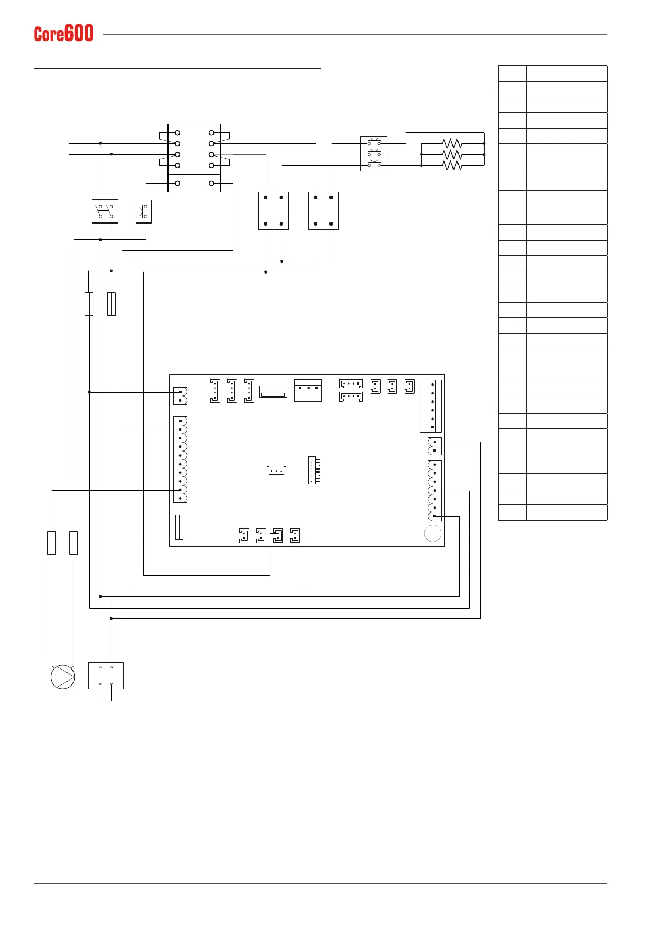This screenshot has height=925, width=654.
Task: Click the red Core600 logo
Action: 64,34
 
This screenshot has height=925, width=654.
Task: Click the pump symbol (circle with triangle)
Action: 63,677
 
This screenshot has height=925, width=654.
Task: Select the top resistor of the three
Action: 452,144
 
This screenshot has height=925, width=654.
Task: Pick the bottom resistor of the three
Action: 452,165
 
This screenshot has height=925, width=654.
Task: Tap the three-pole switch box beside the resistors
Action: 373,154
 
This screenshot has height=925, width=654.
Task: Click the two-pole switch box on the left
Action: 105,211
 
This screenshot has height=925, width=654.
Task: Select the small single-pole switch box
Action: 143,211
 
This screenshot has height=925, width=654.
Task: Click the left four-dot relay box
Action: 273,210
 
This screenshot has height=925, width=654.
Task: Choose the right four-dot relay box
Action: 323,210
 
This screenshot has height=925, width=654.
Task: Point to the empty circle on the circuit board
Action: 433,533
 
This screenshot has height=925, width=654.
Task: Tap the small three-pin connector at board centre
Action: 276,471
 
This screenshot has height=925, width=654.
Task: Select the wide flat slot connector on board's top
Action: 273,392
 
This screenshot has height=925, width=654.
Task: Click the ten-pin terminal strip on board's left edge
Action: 180,459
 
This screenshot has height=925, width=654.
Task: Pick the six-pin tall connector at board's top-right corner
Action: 431,406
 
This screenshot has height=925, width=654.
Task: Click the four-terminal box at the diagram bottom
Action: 106,676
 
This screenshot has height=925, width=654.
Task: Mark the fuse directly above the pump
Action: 52,543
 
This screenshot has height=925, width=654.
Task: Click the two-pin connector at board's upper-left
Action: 180,396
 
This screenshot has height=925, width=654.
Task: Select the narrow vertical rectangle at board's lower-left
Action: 179,527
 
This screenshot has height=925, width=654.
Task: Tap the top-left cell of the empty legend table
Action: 512,74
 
